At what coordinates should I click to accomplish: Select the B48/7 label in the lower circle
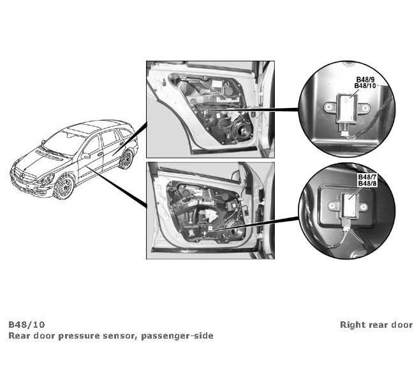(366, 178)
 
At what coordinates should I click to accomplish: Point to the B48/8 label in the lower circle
(366, 184)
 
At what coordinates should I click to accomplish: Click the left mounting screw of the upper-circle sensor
(331, 106)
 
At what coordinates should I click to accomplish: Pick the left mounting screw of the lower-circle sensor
(334, 206)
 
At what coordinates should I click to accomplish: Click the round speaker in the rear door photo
(242, 132)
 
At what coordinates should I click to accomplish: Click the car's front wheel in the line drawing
(63, 188)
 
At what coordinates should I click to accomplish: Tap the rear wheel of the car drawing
(125, 158)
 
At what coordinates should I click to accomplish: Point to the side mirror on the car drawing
(85, 156)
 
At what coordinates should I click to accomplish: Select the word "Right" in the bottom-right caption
(352, 325)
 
